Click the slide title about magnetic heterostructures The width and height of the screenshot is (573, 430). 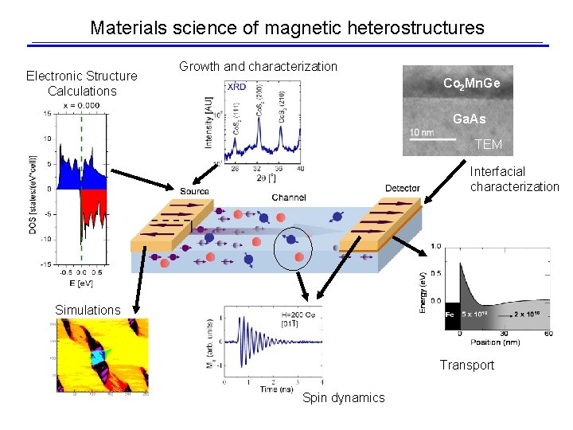pos(286,28)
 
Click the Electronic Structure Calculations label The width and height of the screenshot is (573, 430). pos(82,84)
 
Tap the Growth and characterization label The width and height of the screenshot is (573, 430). pos(258,66)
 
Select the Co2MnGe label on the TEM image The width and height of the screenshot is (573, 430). pos(471,83)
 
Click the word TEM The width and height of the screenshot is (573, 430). pos(488,144)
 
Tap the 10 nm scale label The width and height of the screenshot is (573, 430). pos(421,132)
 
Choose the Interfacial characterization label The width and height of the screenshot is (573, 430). pos(514,179)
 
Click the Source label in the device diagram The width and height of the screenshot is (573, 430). pos(194,191)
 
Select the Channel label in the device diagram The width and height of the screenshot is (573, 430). pos(289,197)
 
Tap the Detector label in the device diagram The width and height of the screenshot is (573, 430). pos(402,189)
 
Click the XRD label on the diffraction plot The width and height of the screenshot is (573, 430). pos(236,87)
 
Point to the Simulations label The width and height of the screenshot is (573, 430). pos(88,310)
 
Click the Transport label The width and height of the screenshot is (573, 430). pos(467,365)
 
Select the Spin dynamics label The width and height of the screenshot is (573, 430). pos(343,397)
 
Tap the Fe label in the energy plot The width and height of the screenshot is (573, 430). pos(450,315)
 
